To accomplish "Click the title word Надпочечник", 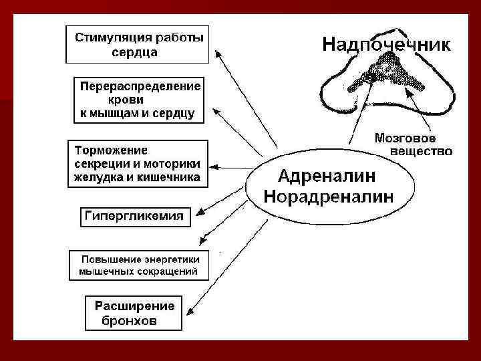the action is click(x=386, y=45).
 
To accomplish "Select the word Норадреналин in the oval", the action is click(x=329, y=196).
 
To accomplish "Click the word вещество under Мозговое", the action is click(x=421, y=151).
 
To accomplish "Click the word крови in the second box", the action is click(x=134, y=100).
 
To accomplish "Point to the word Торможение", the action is click(x=112, y=150).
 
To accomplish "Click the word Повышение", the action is click(x=110, y=259).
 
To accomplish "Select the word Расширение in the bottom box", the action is click(x=134, y=306).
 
